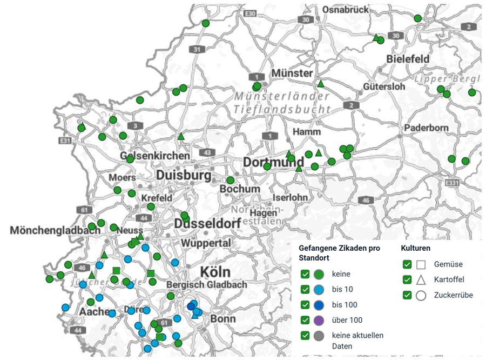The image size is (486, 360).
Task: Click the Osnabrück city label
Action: click(346, 9)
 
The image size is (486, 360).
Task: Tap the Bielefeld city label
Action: click(408, 58)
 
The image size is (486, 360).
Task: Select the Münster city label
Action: click(292, 73)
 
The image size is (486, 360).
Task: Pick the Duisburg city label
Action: click(184, 176)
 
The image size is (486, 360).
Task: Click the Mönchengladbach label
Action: click(55, 230)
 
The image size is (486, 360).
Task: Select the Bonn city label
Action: click(222, 318)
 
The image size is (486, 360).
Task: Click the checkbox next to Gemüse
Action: click(407, 264)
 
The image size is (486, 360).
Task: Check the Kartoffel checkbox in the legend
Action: click(407, 280)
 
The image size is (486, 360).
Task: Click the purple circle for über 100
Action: click(318, 320)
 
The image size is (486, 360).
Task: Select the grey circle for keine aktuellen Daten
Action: click(318, 335)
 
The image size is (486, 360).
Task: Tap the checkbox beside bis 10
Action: click(305, 290)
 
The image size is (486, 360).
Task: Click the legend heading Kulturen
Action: click(415, 248)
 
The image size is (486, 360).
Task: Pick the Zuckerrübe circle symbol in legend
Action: click(421, 296)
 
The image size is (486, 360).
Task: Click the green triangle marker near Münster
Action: click(320, 84)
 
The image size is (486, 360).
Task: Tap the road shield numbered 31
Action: click(197, 50)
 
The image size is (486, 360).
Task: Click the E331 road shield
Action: click(453, 183)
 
